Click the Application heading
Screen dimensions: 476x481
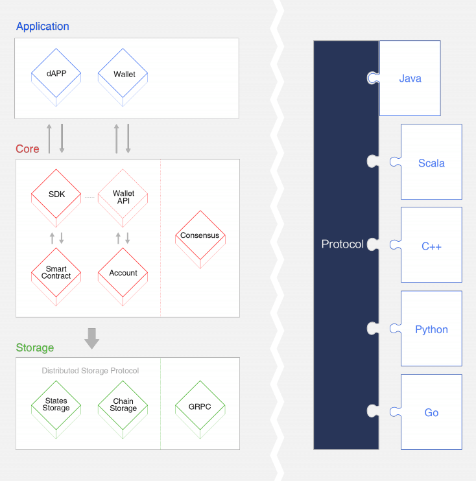(x=43, y=27)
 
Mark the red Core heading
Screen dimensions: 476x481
(x=28, y=149)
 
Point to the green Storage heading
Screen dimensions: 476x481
(x=35, y=348)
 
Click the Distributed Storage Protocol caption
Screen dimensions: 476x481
(x=90, y=371)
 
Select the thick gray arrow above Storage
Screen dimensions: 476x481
(x=91, y=338)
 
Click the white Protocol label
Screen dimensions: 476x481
(x=342, y=244)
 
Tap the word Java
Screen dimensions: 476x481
(x=410, y=78)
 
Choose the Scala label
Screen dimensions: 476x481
(x=431, y=163)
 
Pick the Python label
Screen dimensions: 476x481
(x=431, y=330)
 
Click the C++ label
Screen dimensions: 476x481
(x=431, y=246)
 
